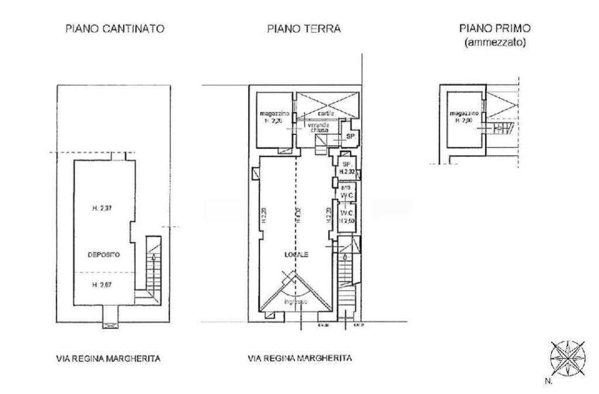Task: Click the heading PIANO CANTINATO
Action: click(x=114, y=28)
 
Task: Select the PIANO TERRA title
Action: click(x=304, y=28)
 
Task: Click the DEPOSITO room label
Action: click(x=104, y=255)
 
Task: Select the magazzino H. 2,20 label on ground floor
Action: click(x=273, y=116)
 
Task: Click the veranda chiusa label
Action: click(x=319, y=129)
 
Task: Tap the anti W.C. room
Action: click(x=346, y=191)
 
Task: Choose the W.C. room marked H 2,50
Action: click(x=346, y=217)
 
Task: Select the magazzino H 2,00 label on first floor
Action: click(x=464, y=116)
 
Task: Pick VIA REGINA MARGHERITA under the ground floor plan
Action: click(x=299, y=358)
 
